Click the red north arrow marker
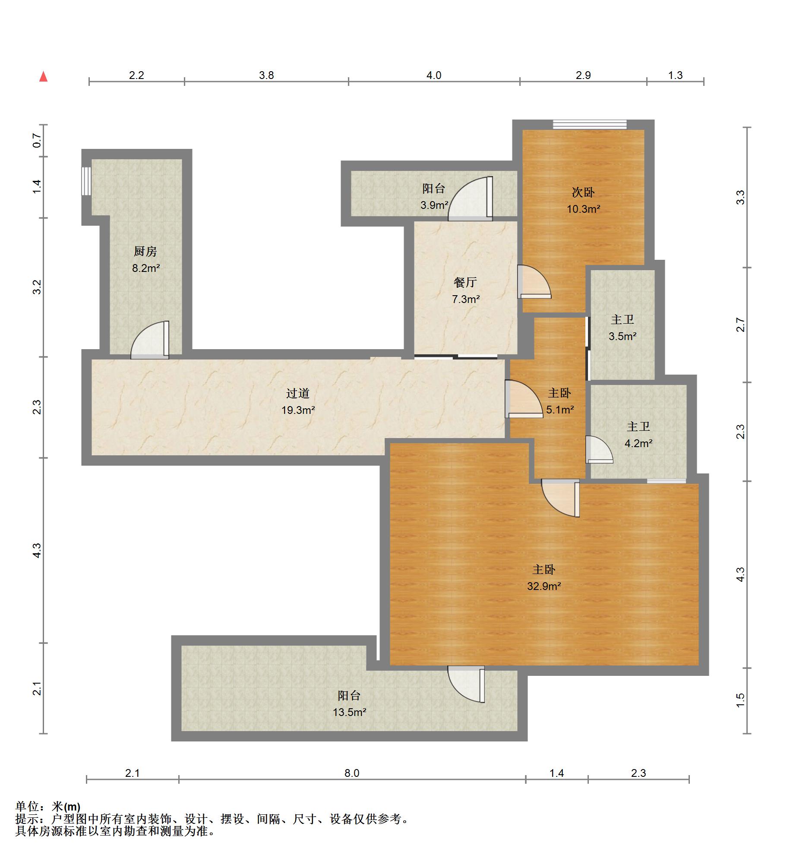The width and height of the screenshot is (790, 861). pos(43,76)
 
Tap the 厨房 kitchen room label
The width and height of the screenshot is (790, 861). pos(145,251)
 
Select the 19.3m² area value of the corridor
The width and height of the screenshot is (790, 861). pos(298,410)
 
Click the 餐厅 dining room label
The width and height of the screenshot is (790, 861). pos(465,282)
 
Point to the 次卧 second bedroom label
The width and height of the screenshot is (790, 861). pos(583,192)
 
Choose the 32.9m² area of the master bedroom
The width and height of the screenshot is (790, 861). pos(544,586)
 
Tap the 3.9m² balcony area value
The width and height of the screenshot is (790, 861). pos(434,205)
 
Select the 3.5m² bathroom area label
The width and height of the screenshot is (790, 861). pos(623,336)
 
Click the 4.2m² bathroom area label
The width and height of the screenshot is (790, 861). pos(638,443)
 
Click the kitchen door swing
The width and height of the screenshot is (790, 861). pos(150,340)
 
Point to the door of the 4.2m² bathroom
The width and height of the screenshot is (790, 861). pos(599,450)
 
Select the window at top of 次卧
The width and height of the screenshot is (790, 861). pos(590,124)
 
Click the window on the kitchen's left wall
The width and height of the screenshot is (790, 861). pos(86,181)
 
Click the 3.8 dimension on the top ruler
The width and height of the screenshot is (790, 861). pos(266,75)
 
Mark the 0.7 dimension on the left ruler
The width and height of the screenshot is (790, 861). pos(38,141)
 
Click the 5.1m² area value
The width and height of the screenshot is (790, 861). pos(560,410)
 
